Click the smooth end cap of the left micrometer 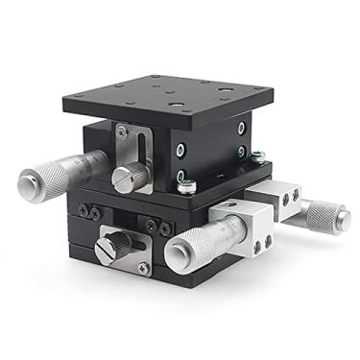25,181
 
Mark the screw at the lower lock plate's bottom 143,269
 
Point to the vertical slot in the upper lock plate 143,154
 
